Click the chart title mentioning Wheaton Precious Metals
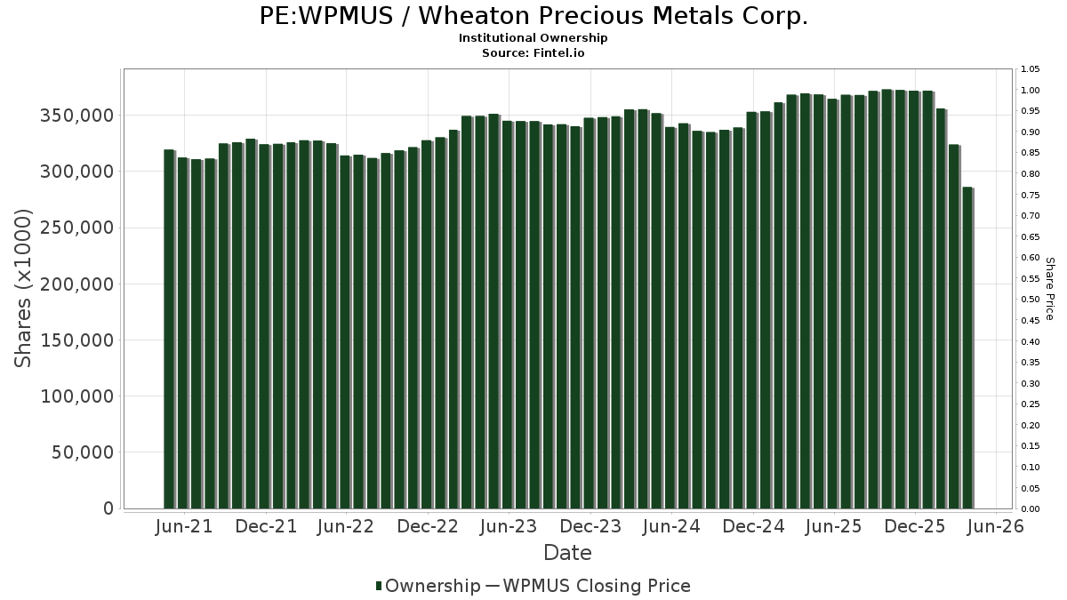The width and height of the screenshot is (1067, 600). (x=533, y=16)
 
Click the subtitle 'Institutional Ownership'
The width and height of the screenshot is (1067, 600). (x=533, y=38)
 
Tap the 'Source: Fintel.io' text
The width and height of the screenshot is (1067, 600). (x=533, y=52)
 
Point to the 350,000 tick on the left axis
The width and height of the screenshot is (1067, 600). (x=76, y=116)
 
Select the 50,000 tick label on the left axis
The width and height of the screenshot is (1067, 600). (x=83, y=452)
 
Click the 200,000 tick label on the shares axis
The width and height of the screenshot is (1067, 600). (x=76, y=284)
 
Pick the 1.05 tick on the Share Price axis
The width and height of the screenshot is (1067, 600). (x=1030, y=69)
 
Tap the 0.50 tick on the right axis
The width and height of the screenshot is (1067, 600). (x=1030, y=300)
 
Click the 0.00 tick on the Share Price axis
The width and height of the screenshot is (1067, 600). (x=1030, y=509)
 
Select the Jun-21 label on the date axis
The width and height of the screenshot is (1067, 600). (x=184, y=526)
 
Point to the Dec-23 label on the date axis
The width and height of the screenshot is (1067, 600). (x=590, y=526)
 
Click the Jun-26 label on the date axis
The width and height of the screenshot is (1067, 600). (x=996, y=526)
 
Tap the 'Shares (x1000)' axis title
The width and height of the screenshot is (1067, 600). (x=22, y=289)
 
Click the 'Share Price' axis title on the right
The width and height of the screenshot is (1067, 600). (x=1049, y=289)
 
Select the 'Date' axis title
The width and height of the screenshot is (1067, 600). (x=567, y=553)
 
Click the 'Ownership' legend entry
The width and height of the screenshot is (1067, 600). (x=428, y=586)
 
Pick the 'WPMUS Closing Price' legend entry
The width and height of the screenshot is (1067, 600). (x=588, y=586)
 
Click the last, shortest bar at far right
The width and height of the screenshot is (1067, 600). (x=968, y=348)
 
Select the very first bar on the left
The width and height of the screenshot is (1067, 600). (x=170, y=329)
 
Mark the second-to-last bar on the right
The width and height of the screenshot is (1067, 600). (x=955, y=327)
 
